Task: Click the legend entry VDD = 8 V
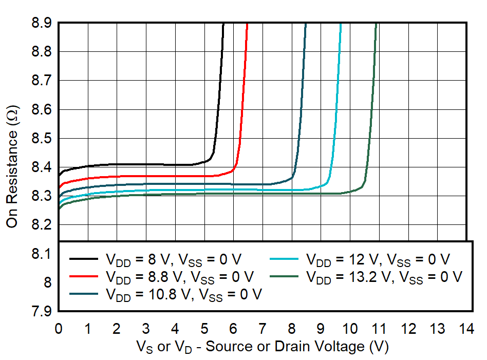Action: click(x=174, y=258)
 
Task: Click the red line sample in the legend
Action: click(x=84, y=276)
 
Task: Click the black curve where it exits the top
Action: click(x=223, y=24)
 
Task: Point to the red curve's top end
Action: click(x=248, y=24)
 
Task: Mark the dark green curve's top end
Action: click(x=377, y=24)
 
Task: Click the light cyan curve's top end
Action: click(x=341, y=24)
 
